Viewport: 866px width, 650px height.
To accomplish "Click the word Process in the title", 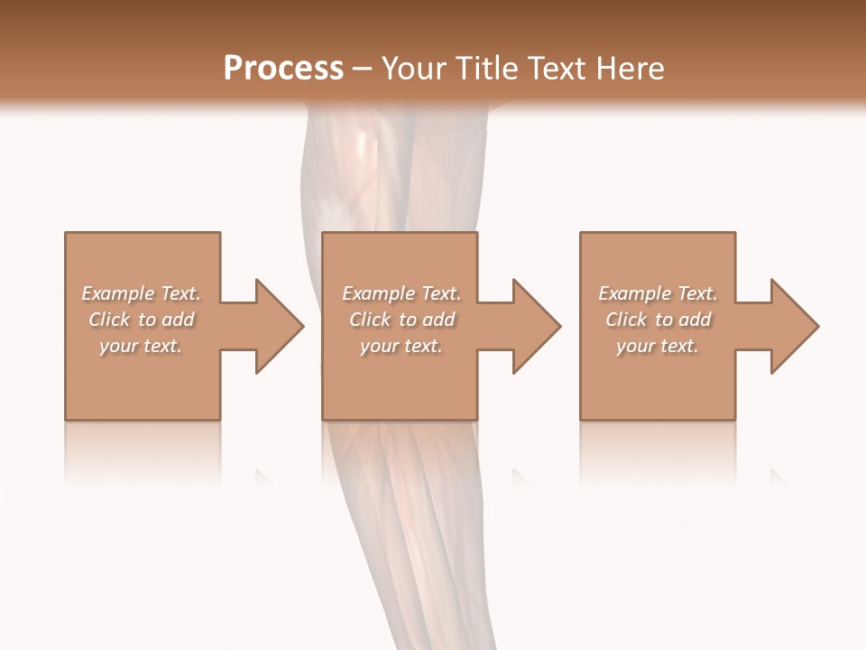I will pos(283,69).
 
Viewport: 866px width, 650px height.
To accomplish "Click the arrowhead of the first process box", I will pos(278,326).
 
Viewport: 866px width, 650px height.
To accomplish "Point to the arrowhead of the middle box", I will pos(535,326).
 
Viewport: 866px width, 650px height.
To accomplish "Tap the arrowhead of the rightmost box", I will pos(793,326).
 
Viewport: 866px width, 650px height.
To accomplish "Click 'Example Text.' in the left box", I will pos(141,293).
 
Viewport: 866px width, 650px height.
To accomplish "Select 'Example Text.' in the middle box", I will pos(401,293).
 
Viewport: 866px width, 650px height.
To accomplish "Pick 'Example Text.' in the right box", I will pos(658,293).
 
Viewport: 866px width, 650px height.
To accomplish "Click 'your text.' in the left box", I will pos(141,346).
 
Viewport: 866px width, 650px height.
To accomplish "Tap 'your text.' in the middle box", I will pos(401,346).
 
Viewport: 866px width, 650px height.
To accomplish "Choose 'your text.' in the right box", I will pos(658,346).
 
